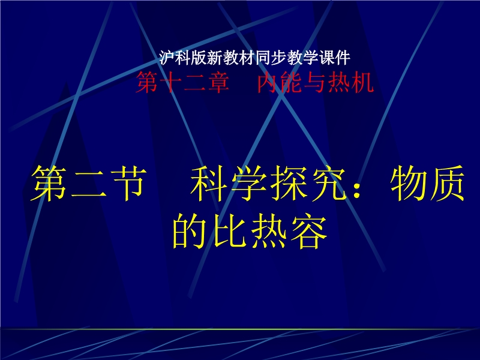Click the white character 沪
pos(167,58)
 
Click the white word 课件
pos(334,58)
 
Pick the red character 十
pos(171,82)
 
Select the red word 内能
pos(280,82)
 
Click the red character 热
pos(338,82)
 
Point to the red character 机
pos(362,82)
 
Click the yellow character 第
pos(49,183)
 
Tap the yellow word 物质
pos(427,183)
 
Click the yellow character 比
pos(230,230)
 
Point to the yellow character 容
pos(309,230)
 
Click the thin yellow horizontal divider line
pos(240,329)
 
